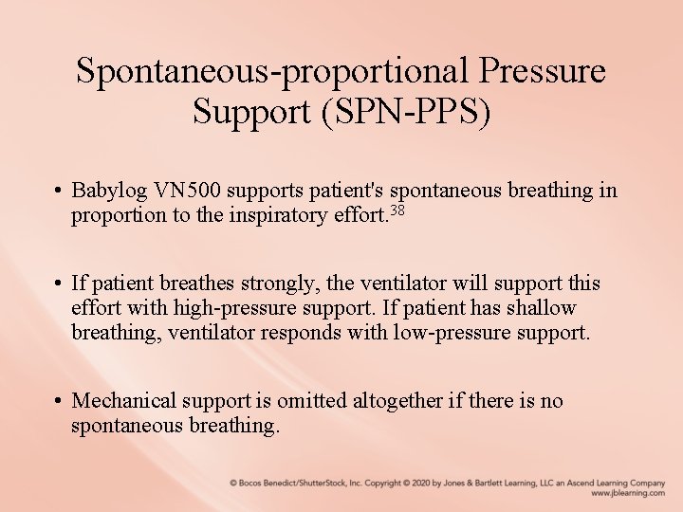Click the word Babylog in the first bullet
[x=112, y=192]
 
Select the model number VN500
[x=193, y=192]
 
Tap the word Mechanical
[x=122, y=401]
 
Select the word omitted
[x=313, y=401]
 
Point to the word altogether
[x=397, y=401]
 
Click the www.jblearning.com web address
[x=627, y=494]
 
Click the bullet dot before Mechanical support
[x=59, y=402]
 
